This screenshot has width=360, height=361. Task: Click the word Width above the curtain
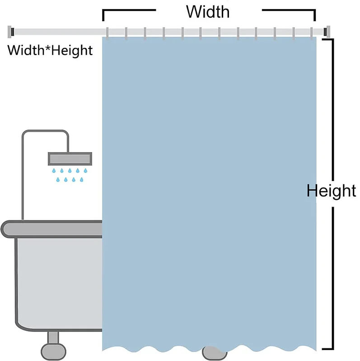coord(208,12)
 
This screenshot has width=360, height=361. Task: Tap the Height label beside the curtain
coord(331,191)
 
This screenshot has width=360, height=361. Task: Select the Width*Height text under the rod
coord(50,51)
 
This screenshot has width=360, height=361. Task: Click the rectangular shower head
coord(70,159)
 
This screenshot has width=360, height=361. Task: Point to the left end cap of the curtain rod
coord(11,32)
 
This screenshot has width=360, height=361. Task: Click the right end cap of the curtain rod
coord(327,32)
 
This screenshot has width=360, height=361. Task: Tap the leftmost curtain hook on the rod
coord(107,33)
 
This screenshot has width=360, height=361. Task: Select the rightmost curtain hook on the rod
coord(312,33)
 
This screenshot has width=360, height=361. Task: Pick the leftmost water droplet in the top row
coord(54,171)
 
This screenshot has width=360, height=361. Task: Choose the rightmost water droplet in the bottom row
coord(82,180)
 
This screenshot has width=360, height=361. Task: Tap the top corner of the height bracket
coord(332,40)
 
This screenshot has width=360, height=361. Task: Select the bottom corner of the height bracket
coord(332,349)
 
